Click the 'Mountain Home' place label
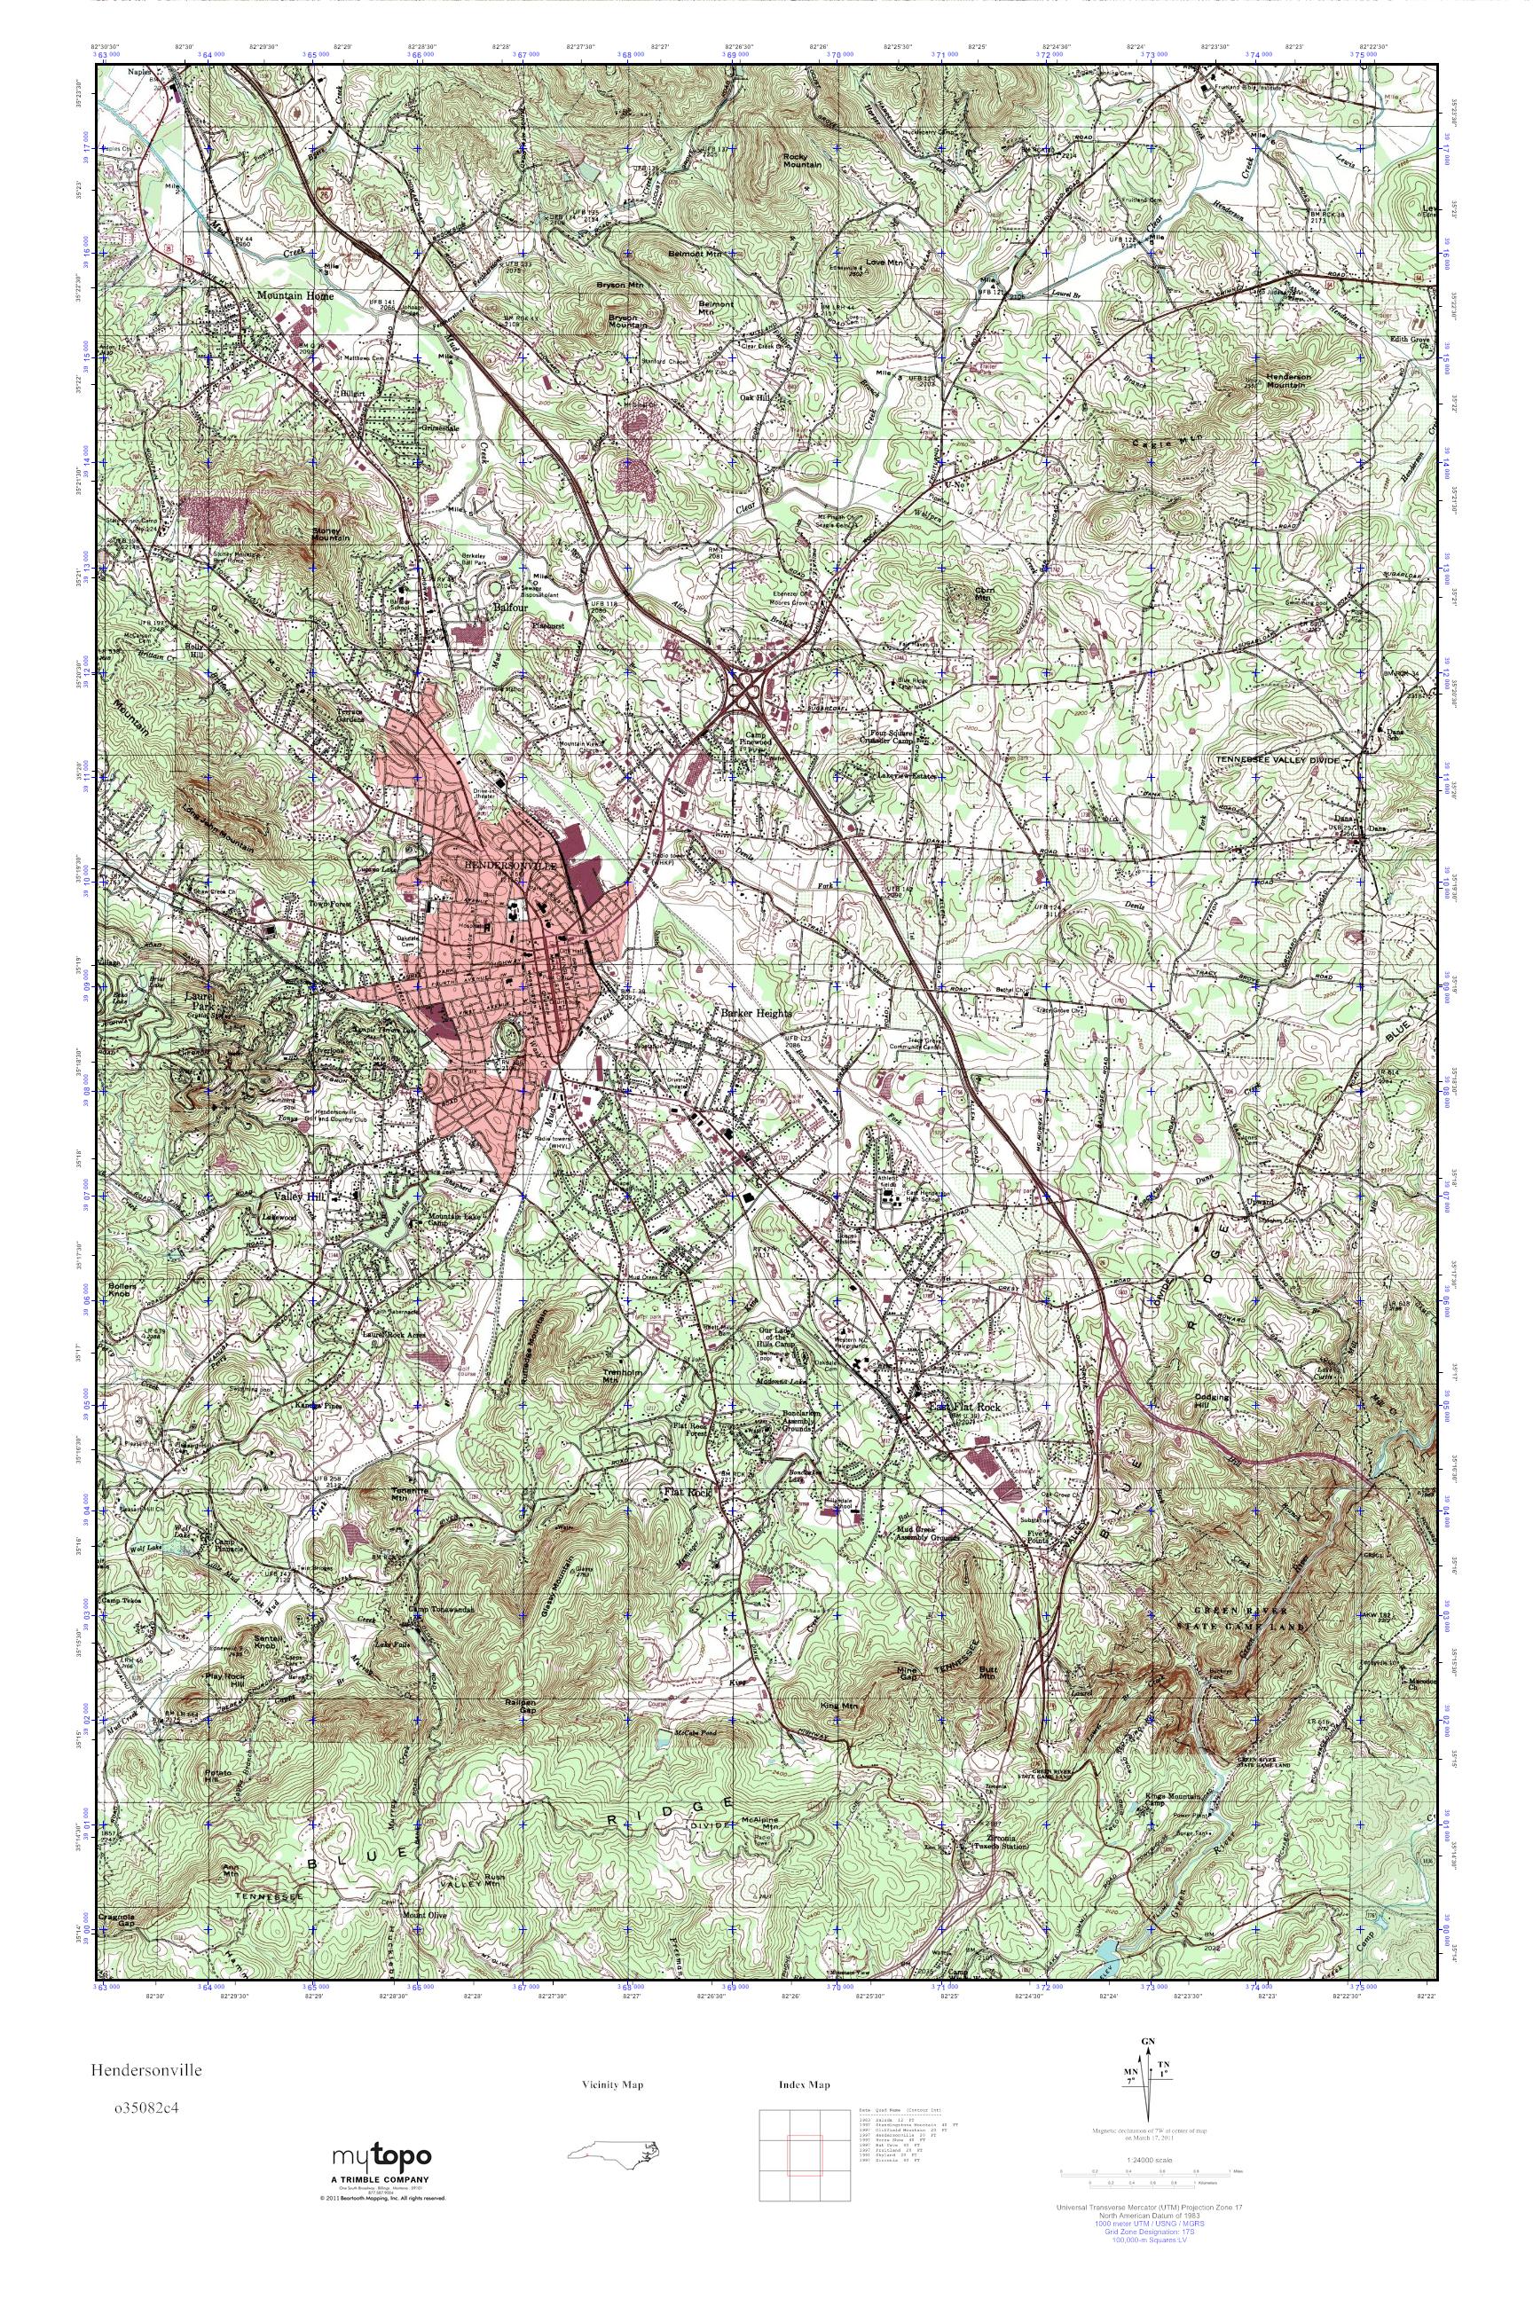tap(295, 295)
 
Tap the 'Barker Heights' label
tap(756, 1014)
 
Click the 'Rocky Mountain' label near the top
tap(802, 161)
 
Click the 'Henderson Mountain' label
tap(1277, 380)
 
